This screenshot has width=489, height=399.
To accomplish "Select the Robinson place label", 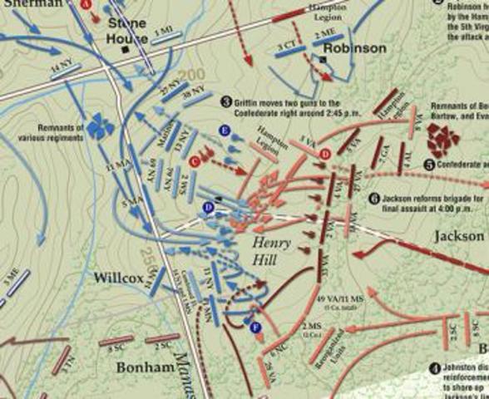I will click(355, 48).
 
